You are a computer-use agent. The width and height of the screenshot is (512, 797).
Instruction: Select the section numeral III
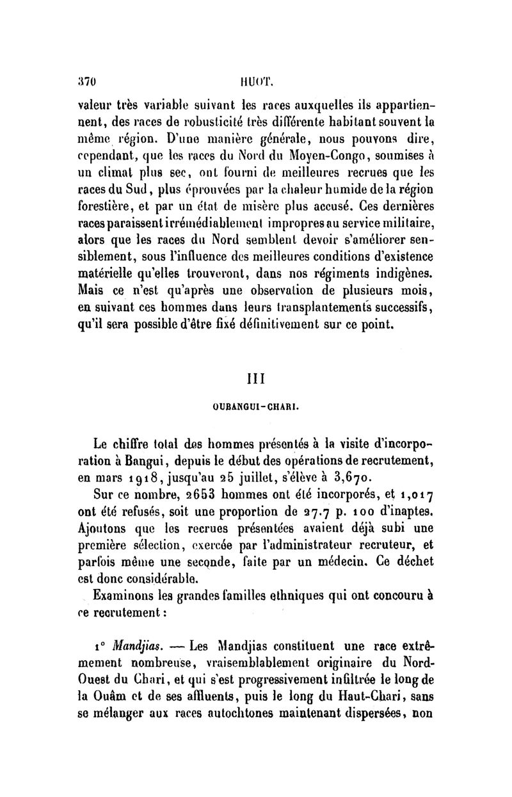point(256,378)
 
